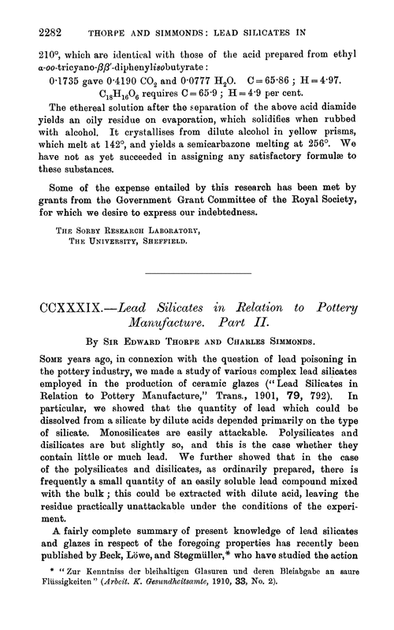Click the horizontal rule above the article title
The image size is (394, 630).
pyautogui.click(x=196, y=272)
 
